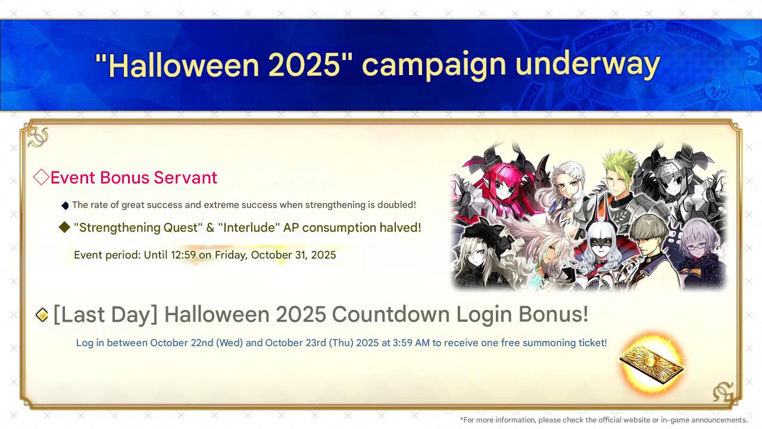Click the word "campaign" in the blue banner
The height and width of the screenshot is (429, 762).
click(x=434, y=66)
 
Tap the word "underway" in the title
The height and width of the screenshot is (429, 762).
click(x=588, y=66)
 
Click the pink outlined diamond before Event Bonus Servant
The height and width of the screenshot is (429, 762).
click(x=41, y=177)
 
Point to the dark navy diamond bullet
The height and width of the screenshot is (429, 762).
click(x=65, y=206)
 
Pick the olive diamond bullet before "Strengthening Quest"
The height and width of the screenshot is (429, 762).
click(x=65, y=227)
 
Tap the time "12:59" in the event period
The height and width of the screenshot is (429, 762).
click(x=183, y=255)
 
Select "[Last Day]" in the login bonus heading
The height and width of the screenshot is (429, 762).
click(x=106, y=314)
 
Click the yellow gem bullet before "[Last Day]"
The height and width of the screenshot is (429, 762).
click(x=42, y=315)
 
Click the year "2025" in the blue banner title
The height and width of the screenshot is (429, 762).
click(x=304, y=66)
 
